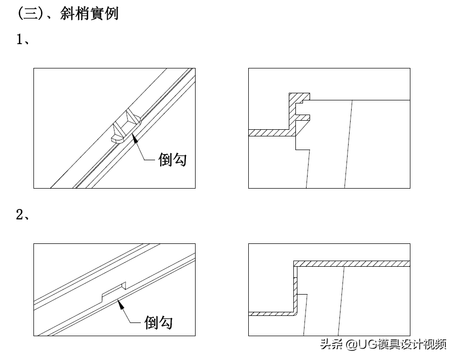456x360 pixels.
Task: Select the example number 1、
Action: (x=23, y=40)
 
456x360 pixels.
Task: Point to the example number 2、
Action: (x=23, y=214)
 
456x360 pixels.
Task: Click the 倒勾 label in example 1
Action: (x=173, y=160)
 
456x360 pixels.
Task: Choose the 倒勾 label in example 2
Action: (x=158, y=322)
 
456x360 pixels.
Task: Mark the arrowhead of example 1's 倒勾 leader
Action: (x=134, y=138)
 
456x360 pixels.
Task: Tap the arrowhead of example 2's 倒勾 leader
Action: (x=119, y=303)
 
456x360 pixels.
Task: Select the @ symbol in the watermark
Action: (x=350, y=345)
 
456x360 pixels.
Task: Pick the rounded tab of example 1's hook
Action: (x=117, y=137)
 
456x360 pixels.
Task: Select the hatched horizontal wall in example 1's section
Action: (x=269, y=133)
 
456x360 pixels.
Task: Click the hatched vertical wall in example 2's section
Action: (x=294, y=289)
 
